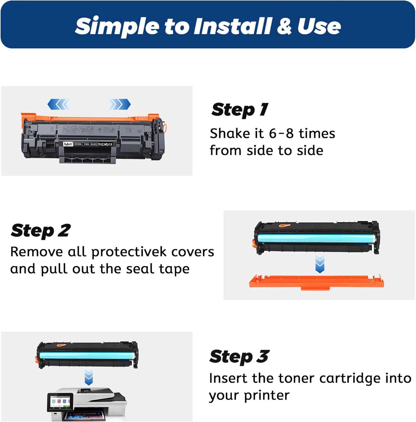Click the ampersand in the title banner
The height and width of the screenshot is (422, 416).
coord(284,26)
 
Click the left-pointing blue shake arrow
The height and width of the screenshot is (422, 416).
coord(59,104)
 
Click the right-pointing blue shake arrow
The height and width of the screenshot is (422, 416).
coord(120,104)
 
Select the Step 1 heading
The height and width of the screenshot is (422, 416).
coord(240,109)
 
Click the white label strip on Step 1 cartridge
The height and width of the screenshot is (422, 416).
coord(88,144)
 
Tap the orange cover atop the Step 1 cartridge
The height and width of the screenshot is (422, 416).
coord(90,118)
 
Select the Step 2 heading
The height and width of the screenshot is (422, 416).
coord(41,231)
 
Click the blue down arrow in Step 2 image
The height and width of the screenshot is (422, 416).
coord(320,264)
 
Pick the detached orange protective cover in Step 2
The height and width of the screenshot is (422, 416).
coord(316,282)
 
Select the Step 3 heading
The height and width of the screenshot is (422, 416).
coord(239,356)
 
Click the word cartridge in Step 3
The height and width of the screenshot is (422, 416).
coord(350,378)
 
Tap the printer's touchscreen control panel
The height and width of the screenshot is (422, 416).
coord(60,401)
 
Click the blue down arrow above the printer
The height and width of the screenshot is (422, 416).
coord(89,378)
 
